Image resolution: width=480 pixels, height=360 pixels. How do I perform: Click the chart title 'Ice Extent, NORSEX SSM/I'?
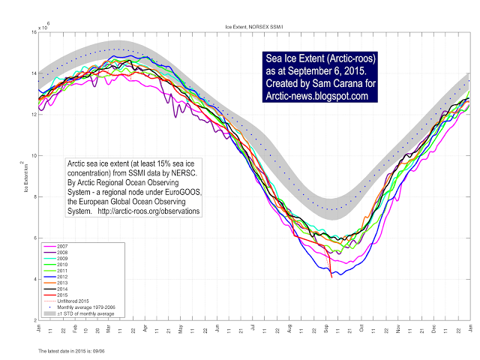[x=255, y=26]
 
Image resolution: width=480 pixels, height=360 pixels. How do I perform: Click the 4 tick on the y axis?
[x=34, y=279]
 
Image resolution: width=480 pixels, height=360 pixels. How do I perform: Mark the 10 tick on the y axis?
[x=32, y=156]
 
